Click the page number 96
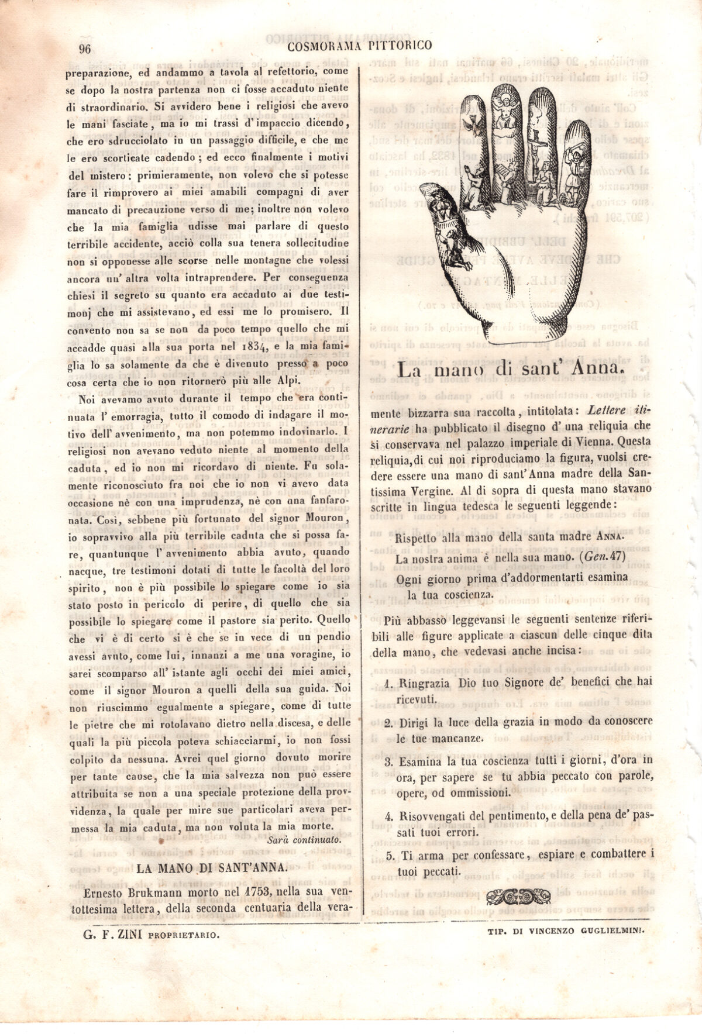click(85, 49)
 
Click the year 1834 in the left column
click(254, 347)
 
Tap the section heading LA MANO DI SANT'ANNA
click(212, 868)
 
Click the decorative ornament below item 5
click(518, 895)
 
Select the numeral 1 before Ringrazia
click(388, 683)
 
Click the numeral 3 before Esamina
click(388, 761)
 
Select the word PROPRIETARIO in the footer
click(184, 935)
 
